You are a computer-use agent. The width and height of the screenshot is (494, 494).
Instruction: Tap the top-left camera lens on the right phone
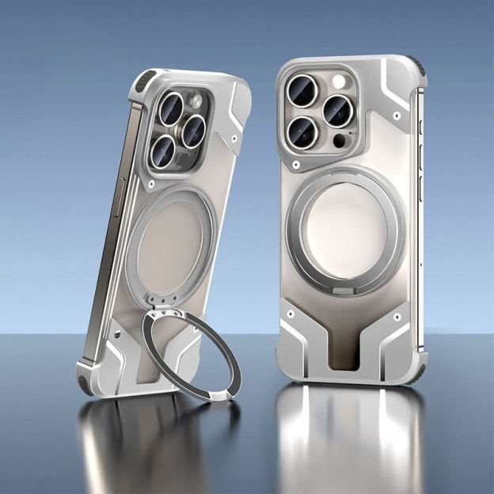303,90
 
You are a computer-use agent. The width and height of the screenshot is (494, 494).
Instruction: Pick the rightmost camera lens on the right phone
338,112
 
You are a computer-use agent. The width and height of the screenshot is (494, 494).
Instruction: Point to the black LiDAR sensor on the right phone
340,141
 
